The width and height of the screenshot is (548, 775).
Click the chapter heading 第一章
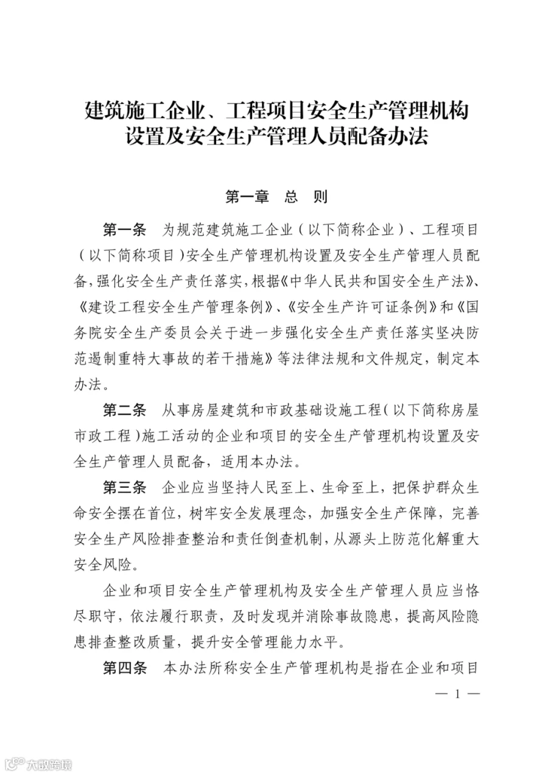pyautogui.click(x=247, y=197)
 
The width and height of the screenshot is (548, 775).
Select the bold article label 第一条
pyautogui.click(x=125, y=231)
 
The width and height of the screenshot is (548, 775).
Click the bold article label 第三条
pyautogui.click(x=125, y=487)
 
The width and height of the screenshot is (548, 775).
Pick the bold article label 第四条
pyautogui.click(x=125, y=667)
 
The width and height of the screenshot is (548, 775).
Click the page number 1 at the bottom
pyautogui.click(x=455, y=694)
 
